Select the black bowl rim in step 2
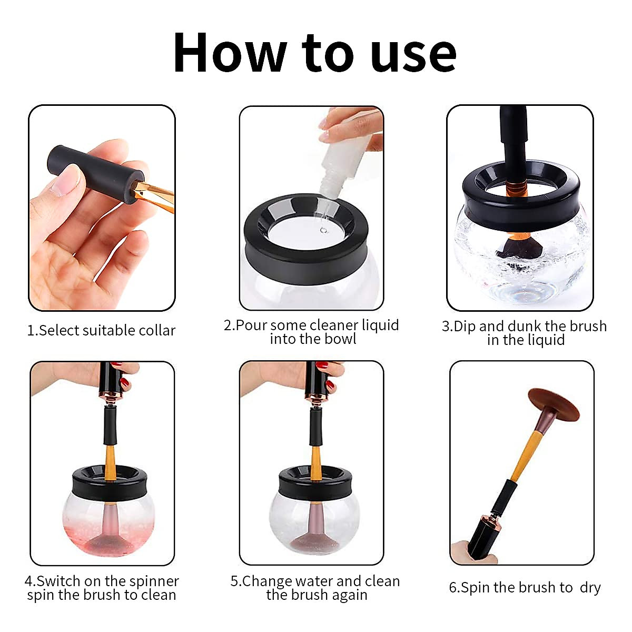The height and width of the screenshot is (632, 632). pyautogui.click(x=311, y=248)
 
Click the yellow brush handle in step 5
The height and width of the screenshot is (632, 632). pyautogui.click(x=316, y=463)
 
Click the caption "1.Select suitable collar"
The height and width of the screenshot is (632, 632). pyautogui.click(x=101, y=331)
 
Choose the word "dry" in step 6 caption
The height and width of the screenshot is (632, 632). pyautogui.click(x=590, y=588)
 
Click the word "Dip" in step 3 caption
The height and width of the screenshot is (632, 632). pyautogui.click(x=465, y=327)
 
